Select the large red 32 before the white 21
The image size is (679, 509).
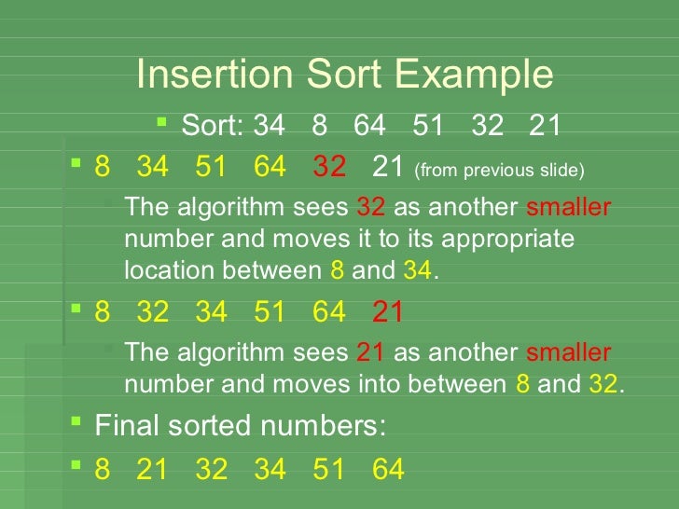click(x=329, y=168)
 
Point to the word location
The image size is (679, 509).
click(x=164, y=271)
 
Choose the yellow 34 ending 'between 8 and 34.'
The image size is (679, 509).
click(x=417, y=271)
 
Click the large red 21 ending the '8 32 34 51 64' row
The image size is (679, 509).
click(x=388, y=312)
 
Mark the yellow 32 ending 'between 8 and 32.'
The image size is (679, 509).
click(x=603, y=385)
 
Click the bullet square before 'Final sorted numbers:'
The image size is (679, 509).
click(x=76, y=424)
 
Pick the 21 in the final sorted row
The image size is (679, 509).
click(x=152, y=469)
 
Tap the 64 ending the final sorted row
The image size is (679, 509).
click(x=388, y=469)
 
